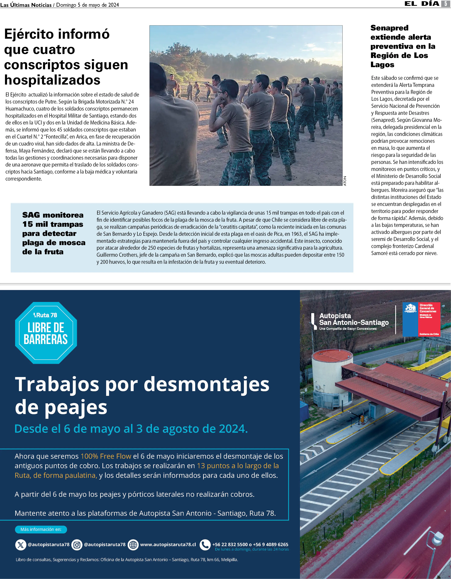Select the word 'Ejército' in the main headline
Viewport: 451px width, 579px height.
[31, 34]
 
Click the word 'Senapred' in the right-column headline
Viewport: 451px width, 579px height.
[389, 28]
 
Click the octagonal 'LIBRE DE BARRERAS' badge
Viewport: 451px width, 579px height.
[46, 333]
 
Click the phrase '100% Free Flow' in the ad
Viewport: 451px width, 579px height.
[106, 456]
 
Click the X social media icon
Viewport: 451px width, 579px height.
[21, 545]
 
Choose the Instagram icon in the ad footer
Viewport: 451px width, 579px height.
[77, 545]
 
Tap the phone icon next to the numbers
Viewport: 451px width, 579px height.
[205, 545]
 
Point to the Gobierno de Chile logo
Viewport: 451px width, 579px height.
[421, 319]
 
